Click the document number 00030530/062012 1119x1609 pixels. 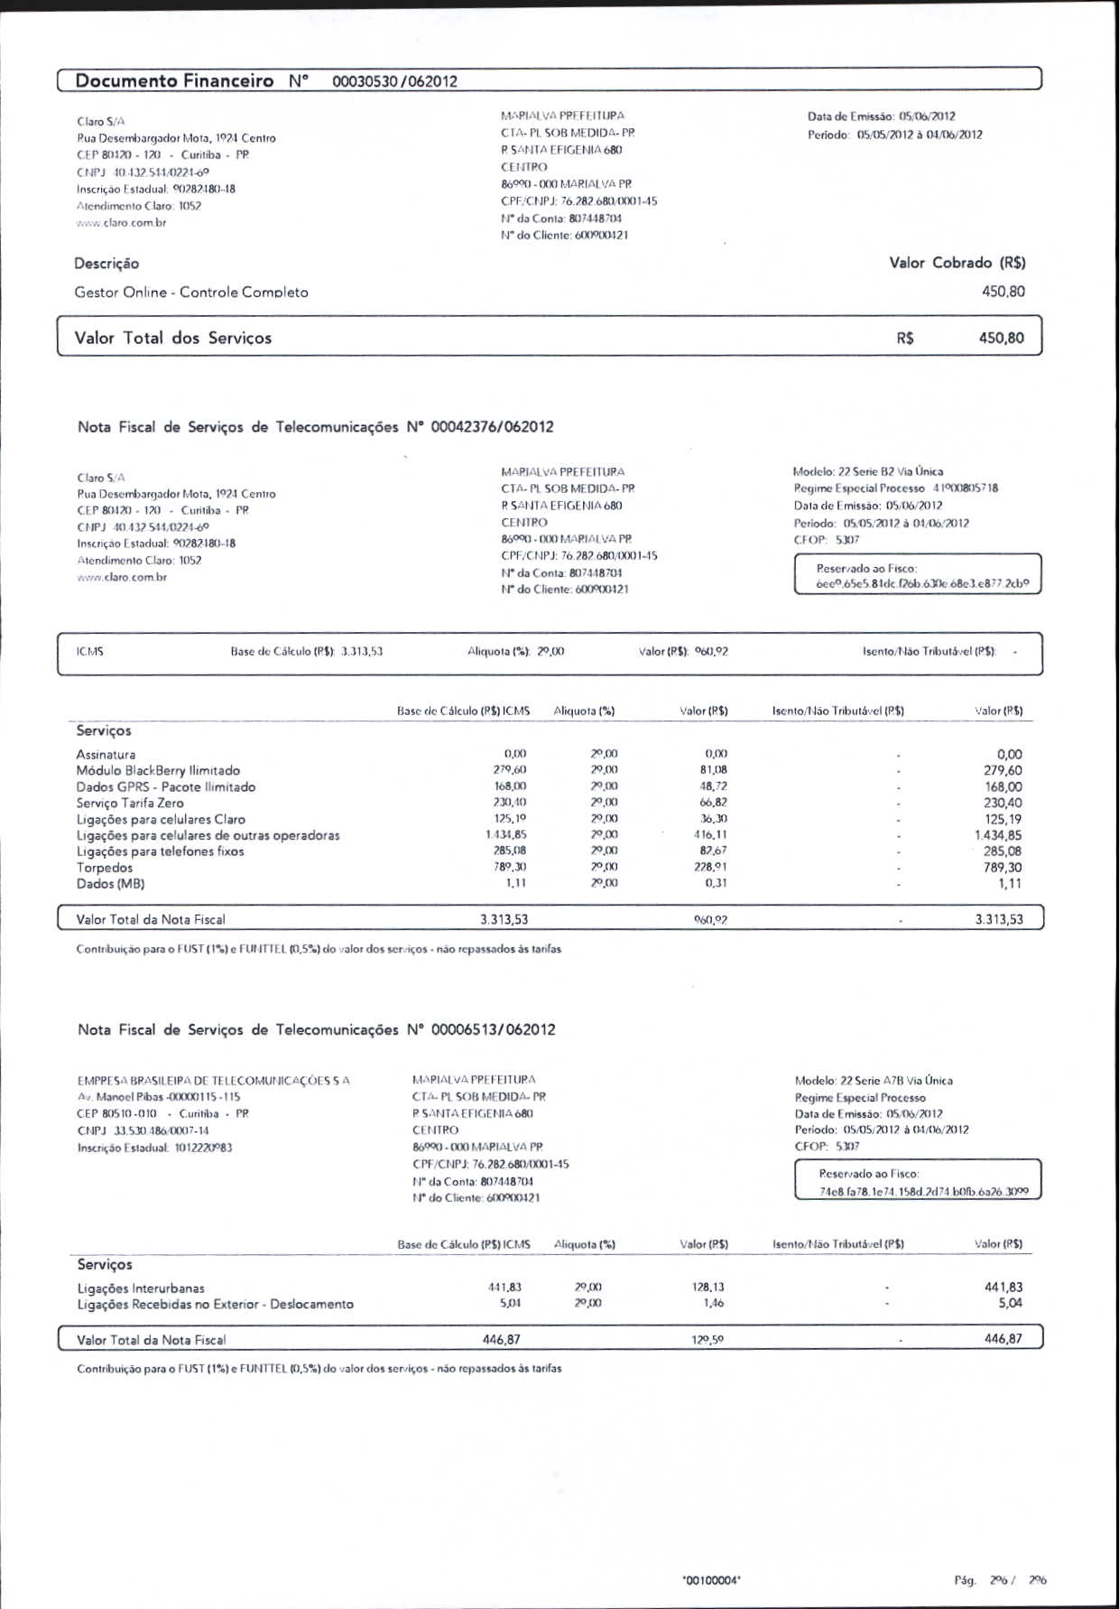pyautogui.click(x=394, y=81)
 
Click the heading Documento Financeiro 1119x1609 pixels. pyautogui.click(x=174, y=80)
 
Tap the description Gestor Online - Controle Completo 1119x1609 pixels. pyautogui.click(x=191, y=293)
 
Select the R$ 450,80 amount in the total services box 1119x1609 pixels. pyautogui.click(x=1001, y=338)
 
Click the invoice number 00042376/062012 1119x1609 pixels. pyautogui.click(x=492, y=427)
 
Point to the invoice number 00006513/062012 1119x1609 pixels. pyautogui.click(x=493, y=1029)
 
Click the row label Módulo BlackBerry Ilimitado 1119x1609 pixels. pyautogui.click(x=158, y=770)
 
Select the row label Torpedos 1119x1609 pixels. pyautogui.click(x=104, y=868)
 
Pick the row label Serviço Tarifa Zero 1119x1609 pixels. pyautogui.click(x=130, y=803)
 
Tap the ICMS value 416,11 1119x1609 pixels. pyautogui.click(x=710, y=835)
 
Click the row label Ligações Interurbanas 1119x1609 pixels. pyautogui.click(x=141, y=1288)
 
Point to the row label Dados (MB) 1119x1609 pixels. pyautogui.click(x=110, y=884)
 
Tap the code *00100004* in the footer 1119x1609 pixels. pyautogui.click(x=712, y=1580)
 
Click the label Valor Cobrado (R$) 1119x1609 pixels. pyautogui.click(x=957, y=263)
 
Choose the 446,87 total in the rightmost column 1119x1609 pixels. pyautogui.click(x=1003, y=1339)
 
